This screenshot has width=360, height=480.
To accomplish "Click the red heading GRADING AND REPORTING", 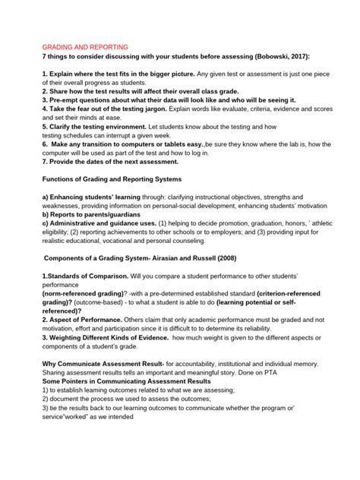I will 84,46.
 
